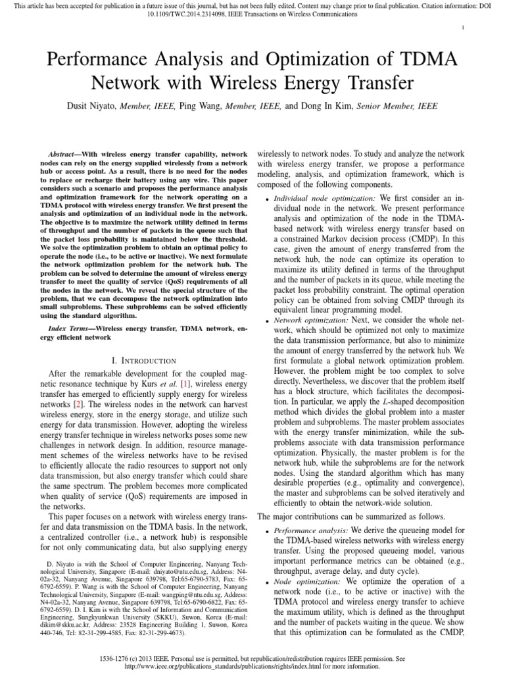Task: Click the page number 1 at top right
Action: click(x=464, y=27)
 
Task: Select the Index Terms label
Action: click(x=70, y=327)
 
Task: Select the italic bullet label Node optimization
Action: click(x=304, y=581)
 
